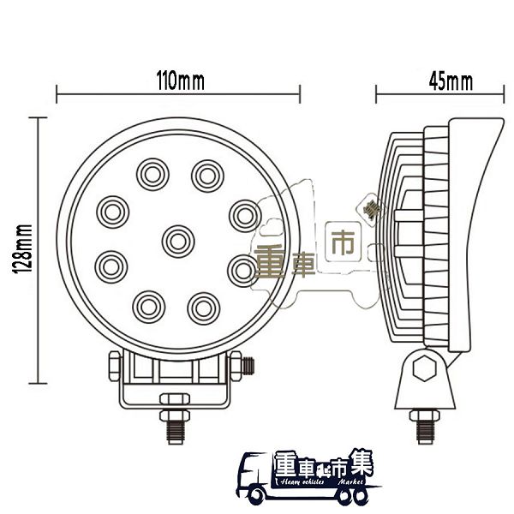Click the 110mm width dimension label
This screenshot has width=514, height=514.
pyautogui.click(x=179, y=82)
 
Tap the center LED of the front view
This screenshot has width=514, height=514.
pyautogui.click(x=177, y=240)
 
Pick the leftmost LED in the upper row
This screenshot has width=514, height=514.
pyautogui.click(x=111, y=210)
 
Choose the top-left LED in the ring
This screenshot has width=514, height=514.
pyautogui.click(x=152, y=174)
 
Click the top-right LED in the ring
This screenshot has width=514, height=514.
pyautogui.click(x=206, y=174)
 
